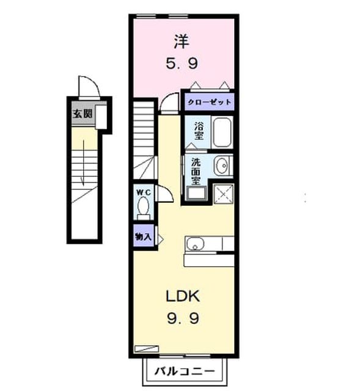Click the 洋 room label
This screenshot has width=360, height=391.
(x=182, y=42)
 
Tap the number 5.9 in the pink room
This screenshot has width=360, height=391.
(x=182, y=64)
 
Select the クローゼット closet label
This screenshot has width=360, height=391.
(x=209, y=102)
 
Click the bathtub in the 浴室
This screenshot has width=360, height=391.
(x=222, y=132)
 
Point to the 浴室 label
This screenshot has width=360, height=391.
(x=199, y=131)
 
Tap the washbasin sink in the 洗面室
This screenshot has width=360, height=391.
(x=221, y=166)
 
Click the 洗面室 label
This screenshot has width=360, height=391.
(x=196, y=172)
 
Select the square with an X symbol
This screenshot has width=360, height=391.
(x=223, y=194)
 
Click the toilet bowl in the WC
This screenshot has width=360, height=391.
(x=144, y=206)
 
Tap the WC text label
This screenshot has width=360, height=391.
(x=144, y=192)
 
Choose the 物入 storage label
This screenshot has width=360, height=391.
(x=143, y=236)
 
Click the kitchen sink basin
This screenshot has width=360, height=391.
(x=195, y=243)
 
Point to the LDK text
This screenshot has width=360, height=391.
(x=183, y=296)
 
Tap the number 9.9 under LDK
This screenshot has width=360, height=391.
(x=183, y=318)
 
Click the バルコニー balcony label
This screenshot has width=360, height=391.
(x=185, y=371)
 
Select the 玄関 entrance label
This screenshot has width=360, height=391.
(x=83, y=114)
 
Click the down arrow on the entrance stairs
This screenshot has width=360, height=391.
(x=83, y=163)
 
